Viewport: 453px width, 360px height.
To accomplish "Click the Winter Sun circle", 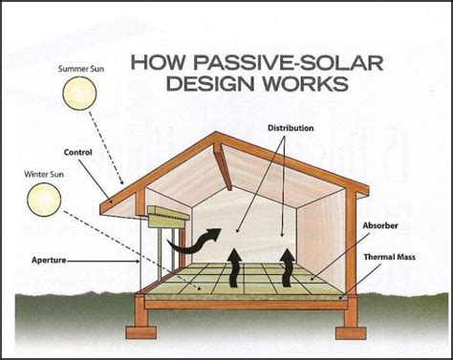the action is click(43, 199).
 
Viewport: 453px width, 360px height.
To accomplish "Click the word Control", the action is click(77, 151).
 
